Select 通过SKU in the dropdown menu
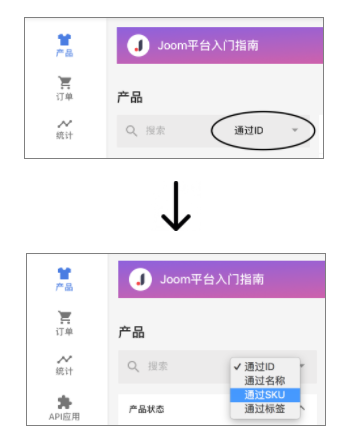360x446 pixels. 264,394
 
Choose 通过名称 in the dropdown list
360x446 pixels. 264,380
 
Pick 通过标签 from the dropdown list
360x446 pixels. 264,408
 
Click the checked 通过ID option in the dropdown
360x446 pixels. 259,366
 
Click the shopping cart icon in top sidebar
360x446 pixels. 65,83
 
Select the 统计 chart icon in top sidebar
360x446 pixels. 65,124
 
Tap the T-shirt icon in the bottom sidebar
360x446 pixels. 65,273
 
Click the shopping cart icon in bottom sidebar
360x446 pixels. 65,317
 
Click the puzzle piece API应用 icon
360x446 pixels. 65,402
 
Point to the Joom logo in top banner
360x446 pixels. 139,45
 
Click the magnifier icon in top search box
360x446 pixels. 130,130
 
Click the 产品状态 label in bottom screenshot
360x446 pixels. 148,409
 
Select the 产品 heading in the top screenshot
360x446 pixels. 130,97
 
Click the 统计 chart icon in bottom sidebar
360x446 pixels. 65,359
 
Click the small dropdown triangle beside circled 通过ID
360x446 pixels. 295,130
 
